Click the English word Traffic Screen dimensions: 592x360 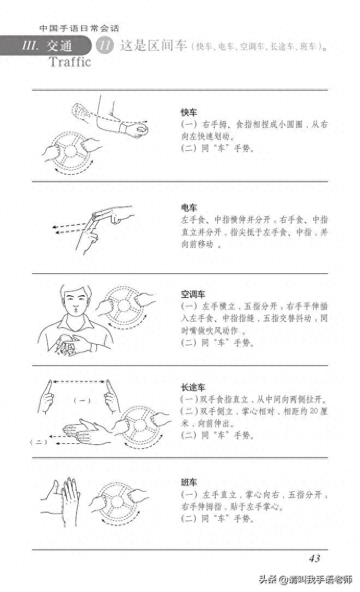[x=70, y=62]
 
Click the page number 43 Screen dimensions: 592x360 [x=314, y=558]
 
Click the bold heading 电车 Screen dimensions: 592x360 [x=189, y=207]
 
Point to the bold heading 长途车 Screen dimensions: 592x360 [x=193, y=388]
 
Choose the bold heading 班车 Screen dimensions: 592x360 [x=189, y=483]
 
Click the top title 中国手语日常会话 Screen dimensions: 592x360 [x=79, y=28]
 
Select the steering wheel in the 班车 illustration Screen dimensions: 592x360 [x=113, y=502]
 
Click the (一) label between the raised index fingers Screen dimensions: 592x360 [x=82, y=400]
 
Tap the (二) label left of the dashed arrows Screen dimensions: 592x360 [x=39, y=442]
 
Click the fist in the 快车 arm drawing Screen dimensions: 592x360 [x=137, y=130]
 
